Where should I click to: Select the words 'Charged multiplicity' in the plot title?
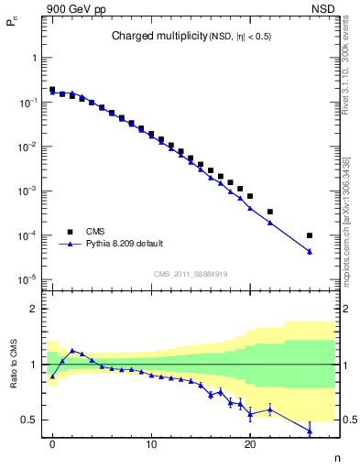[x=149, y=37]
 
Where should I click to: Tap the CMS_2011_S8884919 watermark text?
[x=191, y=274]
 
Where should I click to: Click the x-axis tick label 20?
[x=249, y=452]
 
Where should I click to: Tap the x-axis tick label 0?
[x=52, y=452]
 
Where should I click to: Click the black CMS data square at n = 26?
[x=309, y=235]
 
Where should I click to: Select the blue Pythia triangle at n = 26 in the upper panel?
[x=309, y=251]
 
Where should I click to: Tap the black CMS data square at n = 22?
[x=269, y=212]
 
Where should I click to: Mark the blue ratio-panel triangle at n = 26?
[x=309, y=431]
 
